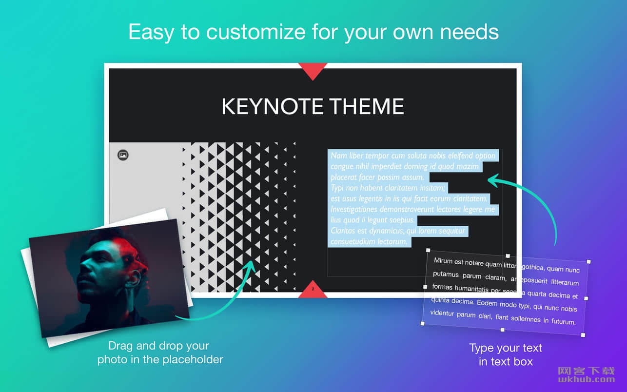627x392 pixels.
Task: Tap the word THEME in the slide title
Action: (x=367, y=106)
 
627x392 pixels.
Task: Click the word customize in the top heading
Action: (x=256, y=32)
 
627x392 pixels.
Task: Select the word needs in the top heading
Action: (x=470, y=32)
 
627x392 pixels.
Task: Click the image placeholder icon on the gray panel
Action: (x=123, y=155)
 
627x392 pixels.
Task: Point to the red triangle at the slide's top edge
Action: (x=313, y=72)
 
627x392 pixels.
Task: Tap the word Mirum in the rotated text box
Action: (x=443, y=261)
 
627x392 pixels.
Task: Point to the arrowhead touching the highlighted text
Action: (x=493, y=180)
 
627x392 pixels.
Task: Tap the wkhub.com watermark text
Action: (x=587, y=379)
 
